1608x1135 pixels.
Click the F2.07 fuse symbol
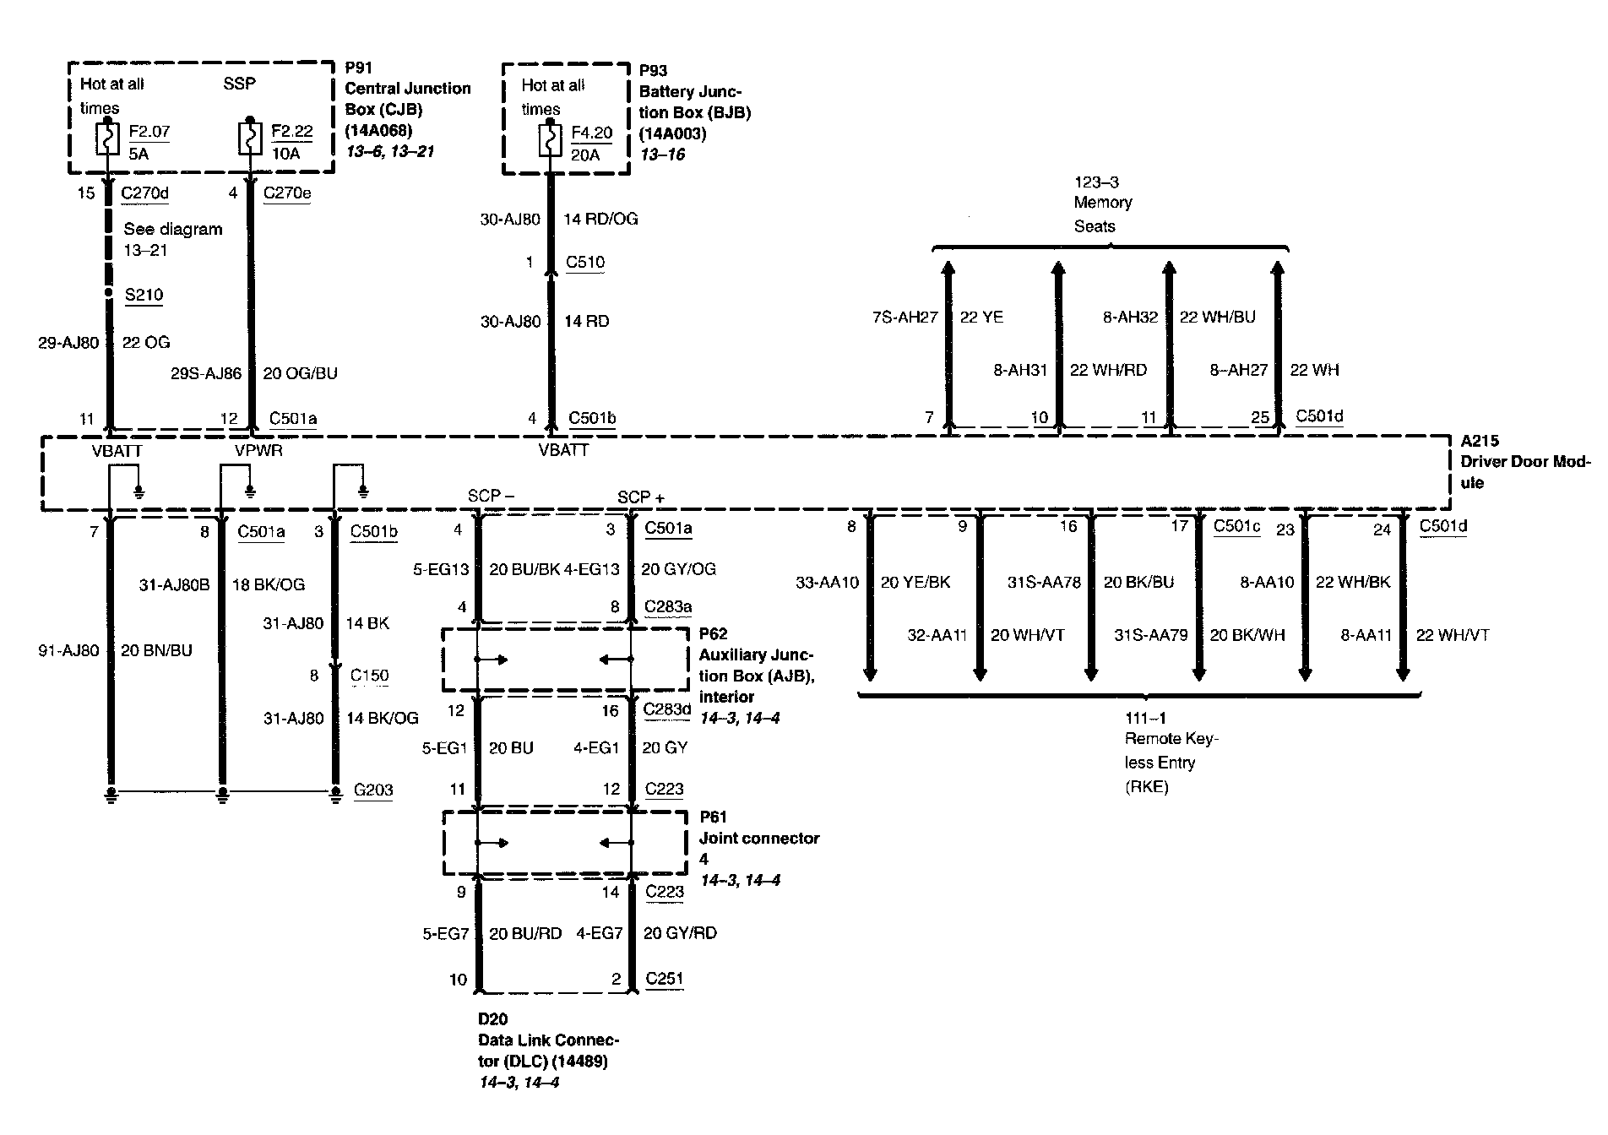(107, 139)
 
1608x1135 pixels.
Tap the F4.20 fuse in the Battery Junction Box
(550, 141)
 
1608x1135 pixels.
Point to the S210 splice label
(144, 295)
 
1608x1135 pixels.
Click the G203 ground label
(373, 790)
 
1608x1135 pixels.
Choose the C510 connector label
(585, 262)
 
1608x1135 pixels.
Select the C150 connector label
(370, 675)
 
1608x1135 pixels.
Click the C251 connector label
(664, 979)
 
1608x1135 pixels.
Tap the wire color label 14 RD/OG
(600, 219)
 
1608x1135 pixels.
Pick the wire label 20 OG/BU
(300, 373)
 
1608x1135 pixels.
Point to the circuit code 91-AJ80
(68, 650)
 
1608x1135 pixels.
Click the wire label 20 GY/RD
(680, 933)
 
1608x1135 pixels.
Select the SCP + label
(640, 497)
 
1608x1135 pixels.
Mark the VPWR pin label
(258, 450)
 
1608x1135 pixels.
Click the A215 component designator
(1480, 441)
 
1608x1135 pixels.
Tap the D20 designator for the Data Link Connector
(492, 1019)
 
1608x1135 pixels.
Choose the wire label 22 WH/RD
(1108, 370)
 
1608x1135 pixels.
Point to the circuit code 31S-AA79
(1150, 635)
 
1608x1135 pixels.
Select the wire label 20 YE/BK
(915, 582)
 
